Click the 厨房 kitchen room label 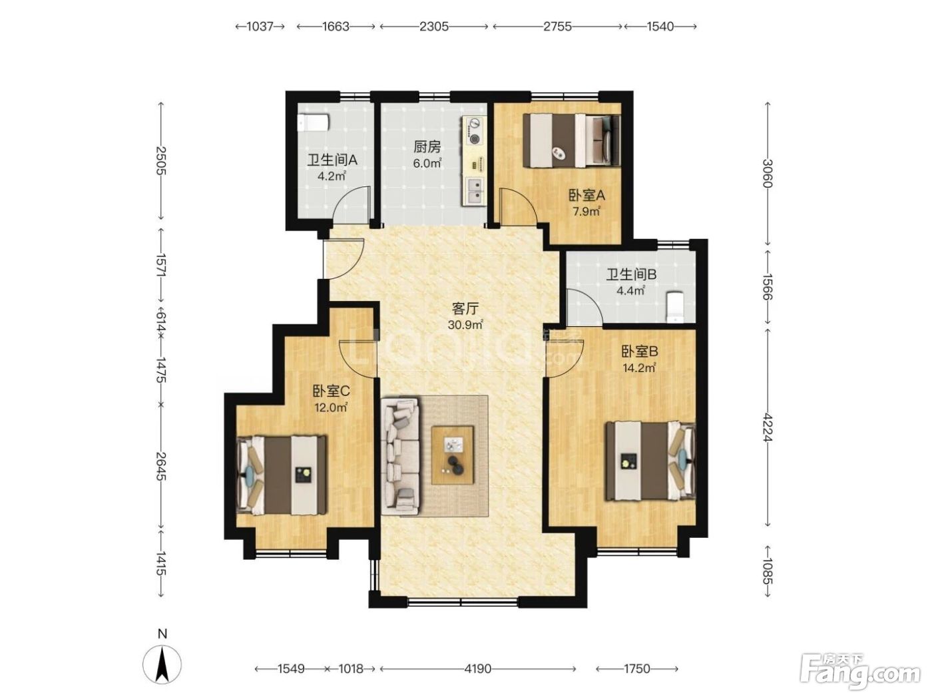click(x=427, y=147)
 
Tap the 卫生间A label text click(x=332, y=160)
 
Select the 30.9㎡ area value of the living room click(x=465, y=325)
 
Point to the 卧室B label click(x=640, y=351)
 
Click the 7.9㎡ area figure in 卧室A click(x=586, y=211)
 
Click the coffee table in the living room click(x=452, y=455)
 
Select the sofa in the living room click(x=400, y=456)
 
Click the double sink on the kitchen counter click(x=475, y=191)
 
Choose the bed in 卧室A click(x=571, y=140)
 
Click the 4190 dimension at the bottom click(x=478, y=669)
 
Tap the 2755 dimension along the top click(x=557, y=27)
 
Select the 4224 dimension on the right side click(x=766, y=427)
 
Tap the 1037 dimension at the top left click(x=260, y=27)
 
